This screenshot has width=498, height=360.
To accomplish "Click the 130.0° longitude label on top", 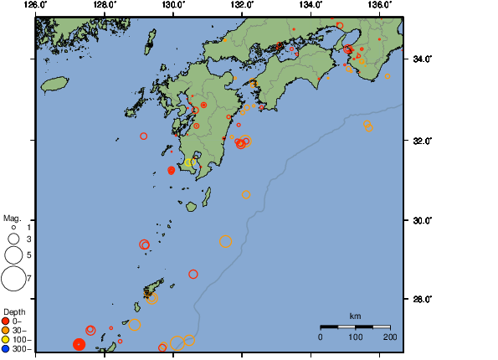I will [172, 5].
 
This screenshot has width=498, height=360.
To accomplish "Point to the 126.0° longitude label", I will [35, 5].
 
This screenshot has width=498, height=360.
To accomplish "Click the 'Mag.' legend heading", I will [12, 218].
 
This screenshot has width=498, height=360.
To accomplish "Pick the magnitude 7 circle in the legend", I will [13, 278].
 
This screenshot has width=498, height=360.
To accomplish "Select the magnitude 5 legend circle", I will [13, 254].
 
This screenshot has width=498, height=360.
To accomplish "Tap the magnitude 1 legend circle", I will [13, 227].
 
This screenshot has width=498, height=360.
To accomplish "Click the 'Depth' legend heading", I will [14, 311].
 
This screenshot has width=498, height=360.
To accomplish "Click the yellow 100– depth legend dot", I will [6, 339].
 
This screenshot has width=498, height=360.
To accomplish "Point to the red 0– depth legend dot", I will [6, 321].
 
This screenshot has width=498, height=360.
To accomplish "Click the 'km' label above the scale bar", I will [355, 316].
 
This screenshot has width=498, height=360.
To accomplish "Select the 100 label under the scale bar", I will [355, 337].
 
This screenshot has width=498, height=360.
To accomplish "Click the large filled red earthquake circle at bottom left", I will [79, 344].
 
